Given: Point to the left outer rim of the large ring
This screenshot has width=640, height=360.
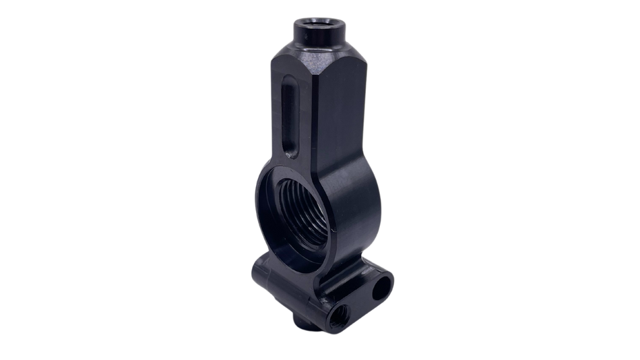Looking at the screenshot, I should (259, 202).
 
